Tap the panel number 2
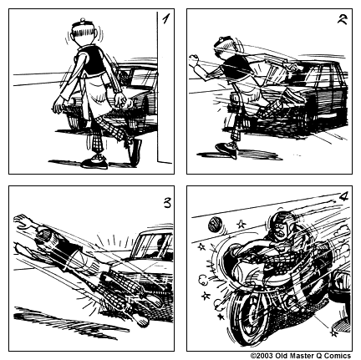coord(341,21)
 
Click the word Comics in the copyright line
coord(338,355)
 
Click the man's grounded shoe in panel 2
coord(226,151)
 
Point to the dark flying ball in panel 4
coord(214,223)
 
